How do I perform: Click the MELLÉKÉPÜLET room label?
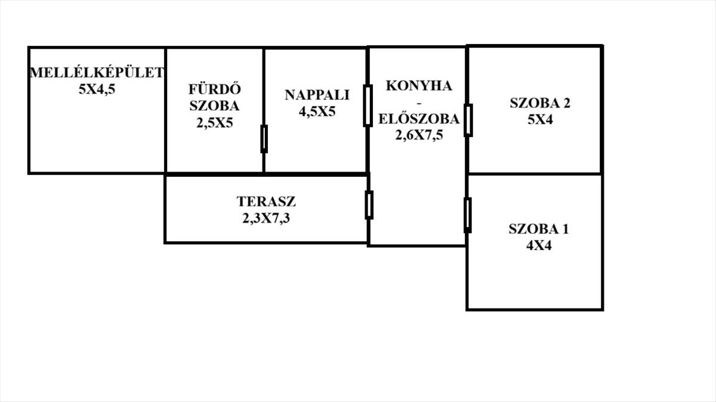click(x=97, y=73)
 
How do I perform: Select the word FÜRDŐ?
click(x=214, y=90)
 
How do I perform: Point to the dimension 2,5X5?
click(x=214, y=123)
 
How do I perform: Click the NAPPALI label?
click(x=316, y=95)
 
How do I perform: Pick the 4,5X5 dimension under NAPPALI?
click(x=316, y=111)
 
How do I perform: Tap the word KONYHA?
click(x=418, y=85)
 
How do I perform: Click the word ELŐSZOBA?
click(x=418, y=119)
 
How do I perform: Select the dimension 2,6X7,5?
click(x=418, y=135)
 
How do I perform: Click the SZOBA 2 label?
click(x=539, y=102)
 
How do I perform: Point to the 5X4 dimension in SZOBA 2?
click(x=539, y=120)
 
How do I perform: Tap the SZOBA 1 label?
click(x=538, y=229)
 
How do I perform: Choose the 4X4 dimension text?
click(x=538, y=245)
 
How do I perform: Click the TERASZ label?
click(x=266, y=201)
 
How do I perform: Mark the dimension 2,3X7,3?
click(x=266, y=218)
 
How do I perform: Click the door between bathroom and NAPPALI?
click(x=264, y=139)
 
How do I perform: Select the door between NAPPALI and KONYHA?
click(x=368, y=105)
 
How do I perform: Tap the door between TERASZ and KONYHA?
click(x=369, y=205)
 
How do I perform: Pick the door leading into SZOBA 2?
click(x=468, y=120)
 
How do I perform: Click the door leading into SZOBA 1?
click(x=467, y=215)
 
